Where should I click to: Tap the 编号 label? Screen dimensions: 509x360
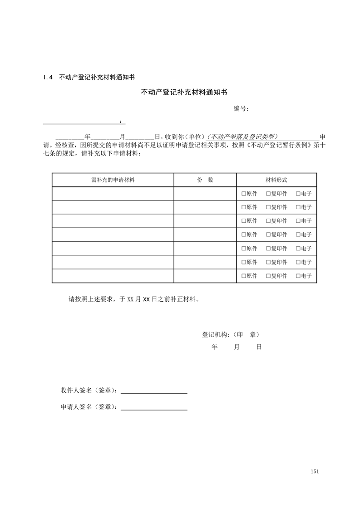[241, 109]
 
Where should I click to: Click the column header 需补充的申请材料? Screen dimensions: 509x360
[113, 180]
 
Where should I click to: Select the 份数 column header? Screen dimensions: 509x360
[205, 180]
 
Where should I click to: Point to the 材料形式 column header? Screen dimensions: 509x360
[276, 180]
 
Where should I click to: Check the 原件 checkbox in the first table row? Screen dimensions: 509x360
[244, 194]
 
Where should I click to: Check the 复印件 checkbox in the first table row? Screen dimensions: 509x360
[268, 194]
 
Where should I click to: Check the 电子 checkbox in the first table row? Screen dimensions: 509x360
[298, 194]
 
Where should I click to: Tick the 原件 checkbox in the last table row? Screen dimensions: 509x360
[244, 276]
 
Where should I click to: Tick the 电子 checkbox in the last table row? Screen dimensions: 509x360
[298, 276]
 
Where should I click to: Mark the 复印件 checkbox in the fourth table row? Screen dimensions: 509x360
[268, 235]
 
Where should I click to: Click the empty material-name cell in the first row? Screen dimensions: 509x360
[113, 194]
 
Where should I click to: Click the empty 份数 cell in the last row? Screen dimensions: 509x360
[205, 276]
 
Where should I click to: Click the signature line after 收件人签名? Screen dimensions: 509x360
[154, 391]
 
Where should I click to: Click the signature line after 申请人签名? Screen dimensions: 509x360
[154, 407]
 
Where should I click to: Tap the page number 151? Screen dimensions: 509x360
[315, 471]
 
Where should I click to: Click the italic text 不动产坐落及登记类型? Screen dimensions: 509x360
[242, 137]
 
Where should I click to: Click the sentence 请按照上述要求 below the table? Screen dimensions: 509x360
[134, 300]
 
